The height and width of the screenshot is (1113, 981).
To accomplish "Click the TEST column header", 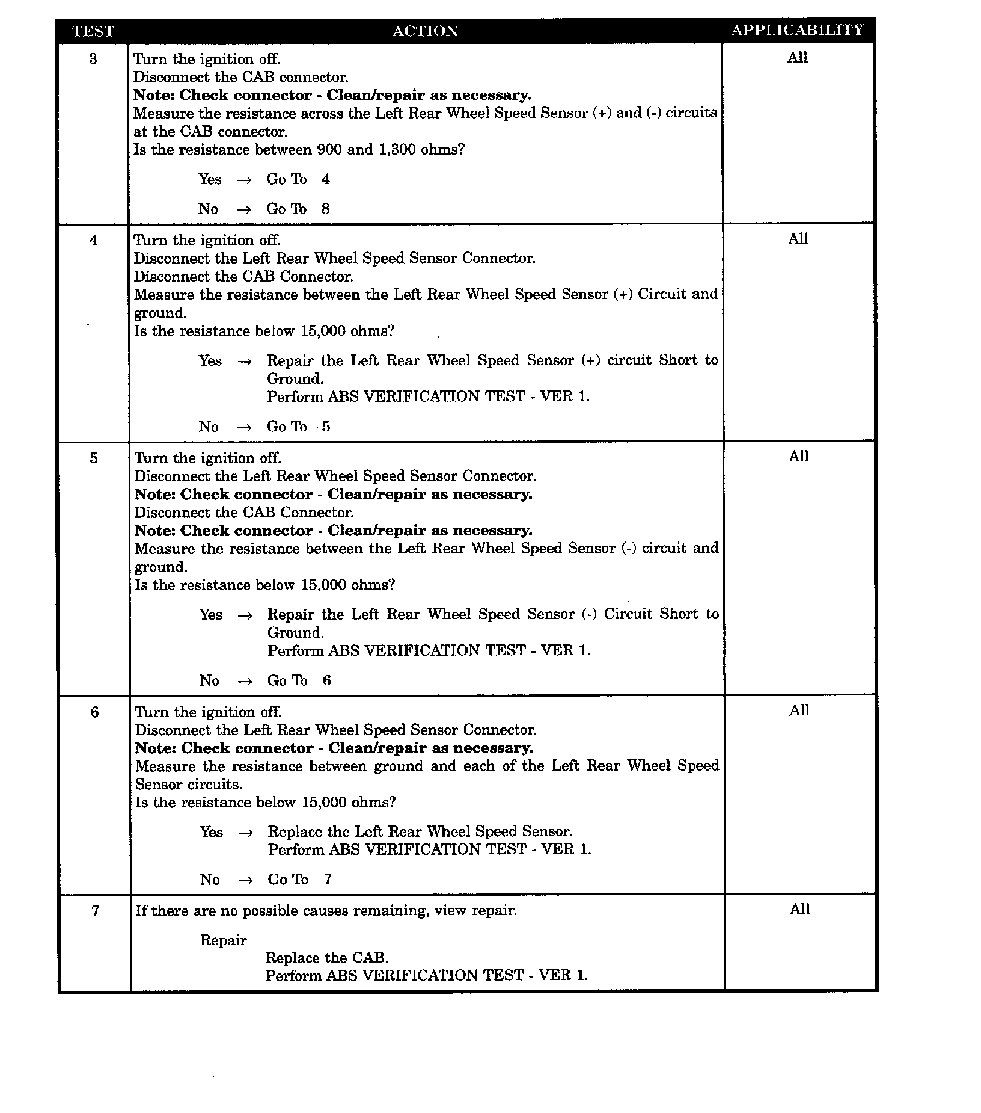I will pos(93,31).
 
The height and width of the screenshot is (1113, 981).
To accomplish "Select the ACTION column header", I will pos(425,31).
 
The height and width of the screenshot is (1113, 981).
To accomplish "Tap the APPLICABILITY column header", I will pos(797,30).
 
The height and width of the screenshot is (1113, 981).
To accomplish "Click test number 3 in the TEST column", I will pos(93,59).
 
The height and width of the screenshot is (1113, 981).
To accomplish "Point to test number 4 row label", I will pos(93,241).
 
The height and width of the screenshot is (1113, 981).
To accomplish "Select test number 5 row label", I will pos(94,458).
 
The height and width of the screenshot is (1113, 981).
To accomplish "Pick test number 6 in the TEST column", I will pos(94,712).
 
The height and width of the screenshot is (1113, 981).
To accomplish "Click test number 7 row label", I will pos(95,911).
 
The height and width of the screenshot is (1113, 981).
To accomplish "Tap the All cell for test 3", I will pos(798,58).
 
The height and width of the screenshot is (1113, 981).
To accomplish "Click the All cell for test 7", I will pos(800,909).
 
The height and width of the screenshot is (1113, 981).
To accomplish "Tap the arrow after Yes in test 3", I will pos(243,180).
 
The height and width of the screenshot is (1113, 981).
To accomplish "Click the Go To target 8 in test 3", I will pos(326,209).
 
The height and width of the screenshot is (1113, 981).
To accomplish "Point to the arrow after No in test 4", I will pos(243,427).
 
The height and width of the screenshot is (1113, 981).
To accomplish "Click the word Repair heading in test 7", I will pos(224,940).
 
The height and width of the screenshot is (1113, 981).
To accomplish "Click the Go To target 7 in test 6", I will pos(328,880).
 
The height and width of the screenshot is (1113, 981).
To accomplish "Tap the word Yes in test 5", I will pos(211,615).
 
